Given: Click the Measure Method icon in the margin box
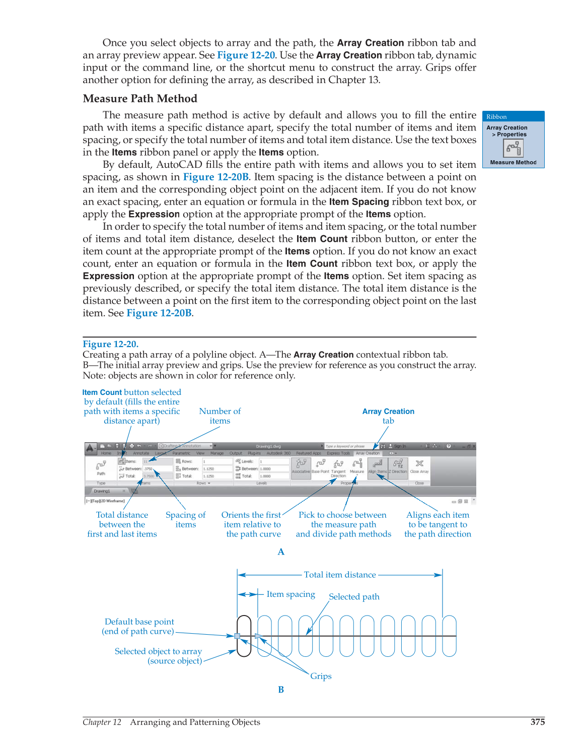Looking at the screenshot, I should [x=513, y=148].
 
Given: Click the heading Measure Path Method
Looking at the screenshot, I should [x=140, y=99].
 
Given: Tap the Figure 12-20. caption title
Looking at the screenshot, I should [x=110, y=344].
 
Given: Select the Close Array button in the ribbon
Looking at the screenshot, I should [x=419, y=466].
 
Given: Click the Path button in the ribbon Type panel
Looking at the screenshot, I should [x=101, y=467].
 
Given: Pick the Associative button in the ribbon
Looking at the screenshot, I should [x=301, y=466].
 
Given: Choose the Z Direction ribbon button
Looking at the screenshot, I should [x=398, y=466].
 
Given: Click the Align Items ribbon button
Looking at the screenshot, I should [x=377, y=466].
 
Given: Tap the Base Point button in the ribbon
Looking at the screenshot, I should [x=320, y=466].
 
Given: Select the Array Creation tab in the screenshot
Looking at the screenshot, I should [x=368, y=453].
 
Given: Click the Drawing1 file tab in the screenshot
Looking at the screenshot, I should [x=102, y=491].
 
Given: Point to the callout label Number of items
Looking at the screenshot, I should [x=220, y=416].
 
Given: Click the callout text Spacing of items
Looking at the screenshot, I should [x=185, y=519].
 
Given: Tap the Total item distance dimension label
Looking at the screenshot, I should [x=340, y=575].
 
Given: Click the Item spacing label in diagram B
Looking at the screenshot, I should [x=290, y=594].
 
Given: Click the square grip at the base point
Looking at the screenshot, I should [x=237, y=636].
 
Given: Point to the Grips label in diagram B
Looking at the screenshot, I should [x=321, y=676].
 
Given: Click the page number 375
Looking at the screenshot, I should [x=537, y=722].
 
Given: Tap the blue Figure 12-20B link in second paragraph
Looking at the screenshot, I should [x=215, y=177].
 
